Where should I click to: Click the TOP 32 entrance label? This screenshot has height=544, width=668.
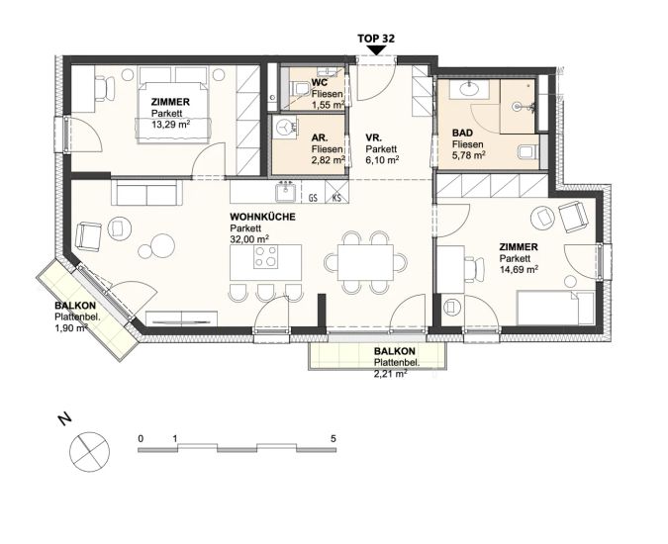[x=376, y=39]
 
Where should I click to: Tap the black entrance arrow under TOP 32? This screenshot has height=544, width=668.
[x=376, y=49]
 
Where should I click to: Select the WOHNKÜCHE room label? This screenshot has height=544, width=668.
[x=262, y=217]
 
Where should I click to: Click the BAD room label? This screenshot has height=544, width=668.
[x=463, y=134]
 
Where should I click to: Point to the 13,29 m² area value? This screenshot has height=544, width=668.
[x=170, y=125]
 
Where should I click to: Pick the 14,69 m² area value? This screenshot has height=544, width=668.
[x=519, y=269]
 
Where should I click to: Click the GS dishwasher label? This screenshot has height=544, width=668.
[x=313, y=198]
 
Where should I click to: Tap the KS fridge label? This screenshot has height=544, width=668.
[x=336, y=198]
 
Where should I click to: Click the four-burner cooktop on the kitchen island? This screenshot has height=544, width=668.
[x=265, y=256]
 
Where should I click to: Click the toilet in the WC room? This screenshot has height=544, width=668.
[x=300, y=88]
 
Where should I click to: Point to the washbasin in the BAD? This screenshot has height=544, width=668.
[x=469, y=89]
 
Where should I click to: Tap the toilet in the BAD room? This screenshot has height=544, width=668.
[x=528, y=151]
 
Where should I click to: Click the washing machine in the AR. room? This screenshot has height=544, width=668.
[x=285, y=127]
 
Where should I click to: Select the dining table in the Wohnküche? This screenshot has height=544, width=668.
[x=366, y=262]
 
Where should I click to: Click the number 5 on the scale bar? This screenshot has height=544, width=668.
[x=334, y=438]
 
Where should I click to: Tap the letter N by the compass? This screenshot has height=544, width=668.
[x=64, y=419]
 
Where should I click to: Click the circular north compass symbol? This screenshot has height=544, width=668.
[x=89, y=452]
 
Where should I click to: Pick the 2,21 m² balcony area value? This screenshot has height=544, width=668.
[x=390, y=374]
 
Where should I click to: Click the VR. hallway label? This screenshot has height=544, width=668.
[x=374, y=137]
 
